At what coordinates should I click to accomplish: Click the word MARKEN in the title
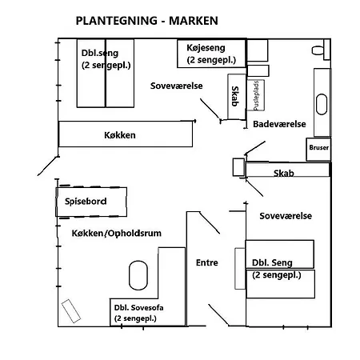[194, 21]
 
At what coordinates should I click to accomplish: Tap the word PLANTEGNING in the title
[117, 21]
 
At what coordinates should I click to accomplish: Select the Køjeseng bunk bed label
[206, 48]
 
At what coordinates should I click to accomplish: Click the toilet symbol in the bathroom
[318, 50]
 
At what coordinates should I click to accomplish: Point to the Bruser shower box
[318, 150]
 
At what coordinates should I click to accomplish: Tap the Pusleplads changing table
[256, 95]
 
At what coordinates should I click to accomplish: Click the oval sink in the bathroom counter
[322, 104]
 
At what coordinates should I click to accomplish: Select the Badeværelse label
[279, 124]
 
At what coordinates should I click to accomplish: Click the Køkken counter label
[120, 135]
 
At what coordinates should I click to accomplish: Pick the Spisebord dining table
[91, 202]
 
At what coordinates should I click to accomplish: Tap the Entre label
[207, 262]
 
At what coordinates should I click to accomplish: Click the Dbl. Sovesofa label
[138, 308]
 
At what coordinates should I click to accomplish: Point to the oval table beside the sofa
[138, 275]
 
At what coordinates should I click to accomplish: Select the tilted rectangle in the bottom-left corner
[71, 311]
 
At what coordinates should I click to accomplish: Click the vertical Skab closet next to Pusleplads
[237, 97]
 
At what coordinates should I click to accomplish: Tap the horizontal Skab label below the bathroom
[284, 174]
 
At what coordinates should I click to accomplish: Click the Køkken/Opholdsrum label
[117, 234]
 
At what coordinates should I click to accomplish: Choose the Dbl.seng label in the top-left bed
[100, 53]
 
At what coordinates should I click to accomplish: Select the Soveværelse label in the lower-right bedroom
[286, 216]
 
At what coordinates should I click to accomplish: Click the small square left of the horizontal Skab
[238, 167]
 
